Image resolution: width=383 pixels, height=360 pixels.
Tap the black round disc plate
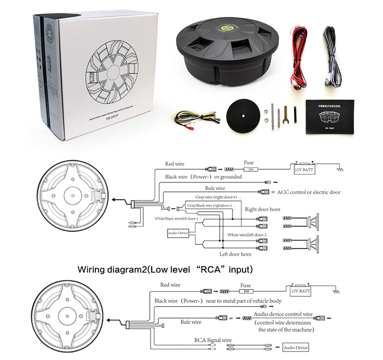coord(243,114)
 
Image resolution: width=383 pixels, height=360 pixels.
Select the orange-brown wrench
coord(285,116)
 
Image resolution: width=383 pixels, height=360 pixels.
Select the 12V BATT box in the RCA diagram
coord(301,291)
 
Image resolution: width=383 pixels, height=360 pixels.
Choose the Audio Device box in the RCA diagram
coord(295,348)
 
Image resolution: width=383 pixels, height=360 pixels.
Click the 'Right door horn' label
coord(262,209)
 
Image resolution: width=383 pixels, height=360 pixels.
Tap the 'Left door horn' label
coord(235,254)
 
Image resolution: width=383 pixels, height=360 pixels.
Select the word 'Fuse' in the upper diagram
coord(249,163)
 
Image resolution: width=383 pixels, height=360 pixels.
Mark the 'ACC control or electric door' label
coord(308,192)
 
